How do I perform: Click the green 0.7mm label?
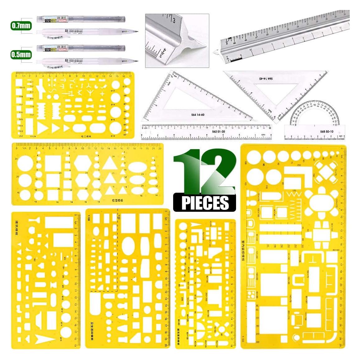tap(21, 25)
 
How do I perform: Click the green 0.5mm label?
tap(21, 55)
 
